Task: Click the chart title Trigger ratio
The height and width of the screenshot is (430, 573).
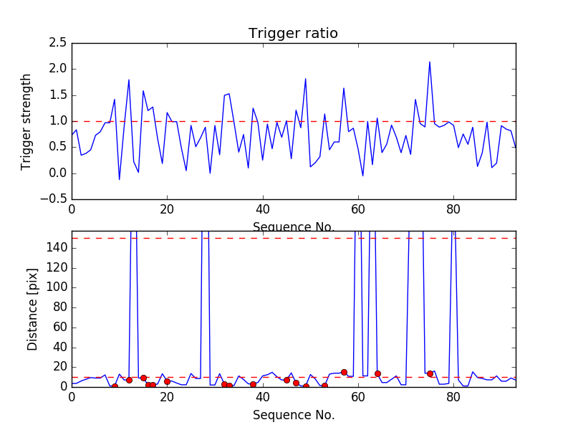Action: (293, 34)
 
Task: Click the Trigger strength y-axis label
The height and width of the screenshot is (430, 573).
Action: (27, 121)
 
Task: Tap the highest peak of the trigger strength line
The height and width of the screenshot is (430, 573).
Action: (430, 62)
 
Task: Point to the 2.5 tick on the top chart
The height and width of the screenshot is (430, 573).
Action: (59, 43)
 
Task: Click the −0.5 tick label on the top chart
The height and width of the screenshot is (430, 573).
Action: (54, 199)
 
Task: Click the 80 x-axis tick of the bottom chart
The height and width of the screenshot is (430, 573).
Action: (453, 395)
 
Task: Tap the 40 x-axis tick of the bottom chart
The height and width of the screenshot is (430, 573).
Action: (262, 395)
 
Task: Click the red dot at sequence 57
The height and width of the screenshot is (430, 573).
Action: (344, 372)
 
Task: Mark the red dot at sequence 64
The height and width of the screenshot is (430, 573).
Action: (377, 373)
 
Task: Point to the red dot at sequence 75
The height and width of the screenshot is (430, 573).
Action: (430, 373)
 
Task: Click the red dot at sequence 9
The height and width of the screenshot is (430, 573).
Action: (115, 386)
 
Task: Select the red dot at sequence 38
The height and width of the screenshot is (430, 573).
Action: (253, 385)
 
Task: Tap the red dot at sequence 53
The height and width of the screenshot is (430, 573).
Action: (324, 386)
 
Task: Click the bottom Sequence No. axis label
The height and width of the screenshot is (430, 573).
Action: (294, 415)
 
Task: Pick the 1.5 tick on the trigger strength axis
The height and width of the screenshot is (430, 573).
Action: (59, 95)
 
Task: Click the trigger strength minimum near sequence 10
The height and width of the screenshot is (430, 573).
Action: (120, 179)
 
